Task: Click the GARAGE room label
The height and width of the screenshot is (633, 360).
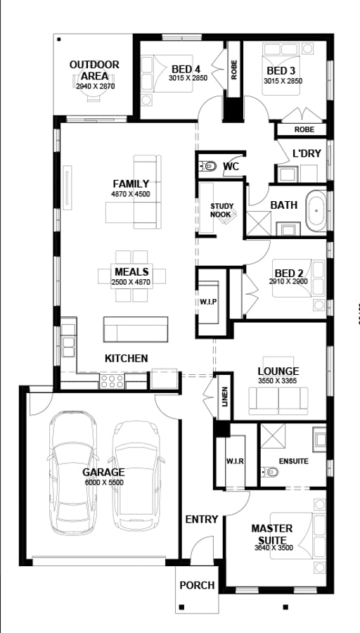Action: point(103,472)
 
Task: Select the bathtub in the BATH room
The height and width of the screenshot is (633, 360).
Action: point(316,211)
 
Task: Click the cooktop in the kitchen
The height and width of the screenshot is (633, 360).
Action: point(112,381)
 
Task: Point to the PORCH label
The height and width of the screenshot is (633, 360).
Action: point(197,585)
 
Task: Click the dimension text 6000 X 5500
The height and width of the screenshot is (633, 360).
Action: point(104,482)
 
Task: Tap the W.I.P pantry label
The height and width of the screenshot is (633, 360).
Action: point(208,302)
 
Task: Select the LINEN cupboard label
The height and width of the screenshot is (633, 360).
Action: point(225,397)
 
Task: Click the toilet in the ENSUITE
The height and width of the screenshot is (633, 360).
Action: point(269,471)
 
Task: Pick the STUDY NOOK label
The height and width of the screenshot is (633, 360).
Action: point(221,210)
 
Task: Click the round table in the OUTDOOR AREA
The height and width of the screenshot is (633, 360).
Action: point(94,85)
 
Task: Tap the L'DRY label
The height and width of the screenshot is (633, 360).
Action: point(307,153)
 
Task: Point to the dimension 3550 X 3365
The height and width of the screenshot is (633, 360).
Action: point(278,380)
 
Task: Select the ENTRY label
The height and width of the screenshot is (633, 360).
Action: point(201,519)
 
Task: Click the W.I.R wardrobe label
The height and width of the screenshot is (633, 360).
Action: point(235,461)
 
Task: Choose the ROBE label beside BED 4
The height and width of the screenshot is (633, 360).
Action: point(234,69)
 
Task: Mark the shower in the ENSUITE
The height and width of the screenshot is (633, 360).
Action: point(273,436)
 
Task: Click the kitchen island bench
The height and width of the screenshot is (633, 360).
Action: point(136,329)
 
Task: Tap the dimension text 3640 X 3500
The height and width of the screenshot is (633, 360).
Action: point(274,548)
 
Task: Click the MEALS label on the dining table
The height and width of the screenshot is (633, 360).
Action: point(131,271)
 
